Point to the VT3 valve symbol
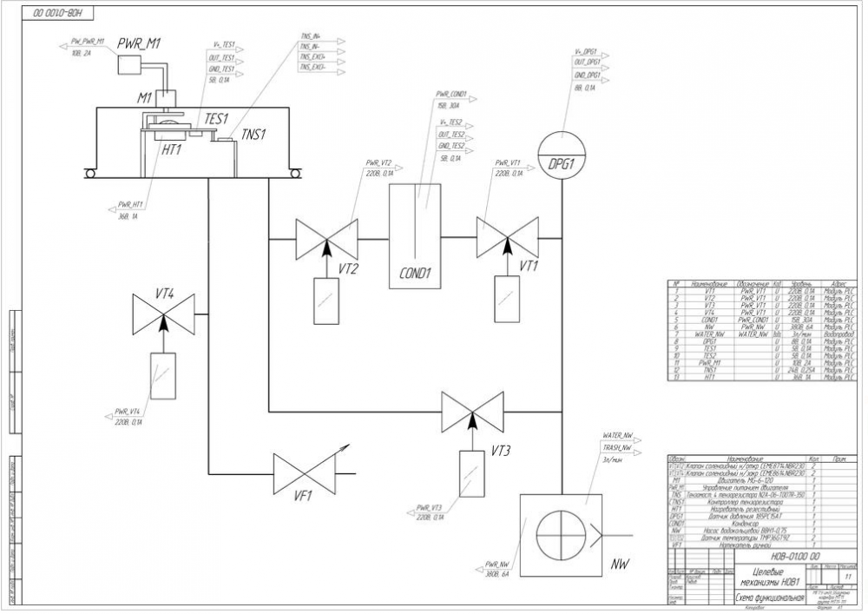(472, 410)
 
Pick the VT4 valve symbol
(162, 312)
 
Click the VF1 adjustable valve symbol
(305, 473)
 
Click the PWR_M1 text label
(140, 43)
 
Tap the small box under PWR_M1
(130, 65)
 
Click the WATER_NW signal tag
(618, 434)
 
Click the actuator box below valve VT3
(472, 472)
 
